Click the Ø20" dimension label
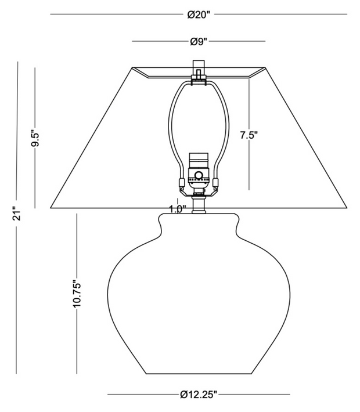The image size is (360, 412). (x=199, y=15)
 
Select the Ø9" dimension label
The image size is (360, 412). (x=199, y=42)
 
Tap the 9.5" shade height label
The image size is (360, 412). (x=35, y=138)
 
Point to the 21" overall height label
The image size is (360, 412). (x=17, y=213)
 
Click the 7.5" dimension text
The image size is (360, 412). (x=249, y=135)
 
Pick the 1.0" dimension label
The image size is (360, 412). (x=178, y=209)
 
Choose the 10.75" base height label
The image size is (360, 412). (x=77, y=295)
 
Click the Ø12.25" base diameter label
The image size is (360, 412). (x=199, y=395)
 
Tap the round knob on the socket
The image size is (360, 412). (x=199, y=175)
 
